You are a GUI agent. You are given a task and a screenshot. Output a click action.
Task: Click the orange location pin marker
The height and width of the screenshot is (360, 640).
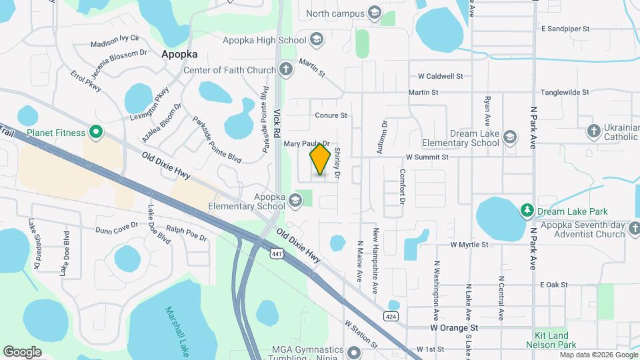(x=321, y=159)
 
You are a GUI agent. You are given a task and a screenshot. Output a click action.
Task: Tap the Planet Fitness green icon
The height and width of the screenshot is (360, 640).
(x=95, y=133)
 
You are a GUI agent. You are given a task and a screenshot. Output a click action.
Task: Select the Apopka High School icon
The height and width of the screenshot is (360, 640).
(x=317, y=40)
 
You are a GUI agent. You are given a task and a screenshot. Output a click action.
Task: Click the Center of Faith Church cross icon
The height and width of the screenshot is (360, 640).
(x=285, y=69)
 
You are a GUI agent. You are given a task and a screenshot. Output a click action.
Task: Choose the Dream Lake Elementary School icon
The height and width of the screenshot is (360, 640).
(x=510, y=137)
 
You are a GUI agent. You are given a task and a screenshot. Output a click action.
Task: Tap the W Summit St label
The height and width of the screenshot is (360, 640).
(x=427, y=157)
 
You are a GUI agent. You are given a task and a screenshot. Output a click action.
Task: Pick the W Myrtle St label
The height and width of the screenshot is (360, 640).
(x=469, y=245)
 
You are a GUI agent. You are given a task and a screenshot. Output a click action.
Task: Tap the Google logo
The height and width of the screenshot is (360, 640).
(x=23, y=351)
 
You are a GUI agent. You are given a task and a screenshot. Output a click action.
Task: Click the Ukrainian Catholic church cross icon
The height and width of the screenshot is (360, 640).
(x=594, y=131)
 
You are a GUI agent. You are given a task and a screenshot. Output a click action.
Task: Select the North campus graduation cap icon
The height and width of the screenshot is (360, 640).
(x=375, y=13)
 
